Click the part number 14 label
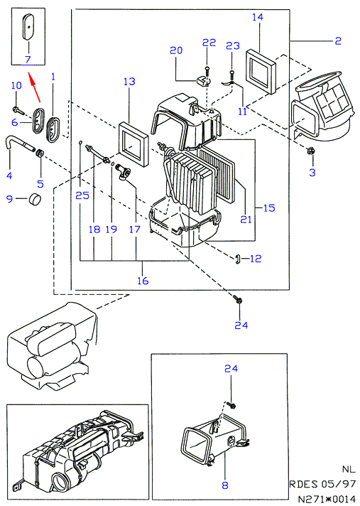click(258, 17)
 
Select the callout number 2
click(338, 41)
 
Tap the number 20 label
click(176, 50)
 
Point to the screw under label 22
click(206, 71)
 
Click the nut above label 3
click(311, 150)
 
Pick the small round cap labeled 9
click(36, 198)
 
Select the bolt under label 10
click(18, 111)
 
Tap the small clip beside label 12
click(238, 259)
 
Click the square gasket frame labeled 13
click(133, 144)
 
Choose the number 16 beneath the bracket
click(143, 281)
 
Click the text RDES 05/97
click(322, 484)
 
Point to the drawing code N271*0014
click(326, 499)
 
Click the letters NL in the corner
click(349, 469)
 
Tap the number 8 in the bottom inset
click(225, 485)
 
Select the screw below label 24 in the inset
click(231, 404)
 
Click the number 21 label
click(246, 220)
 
